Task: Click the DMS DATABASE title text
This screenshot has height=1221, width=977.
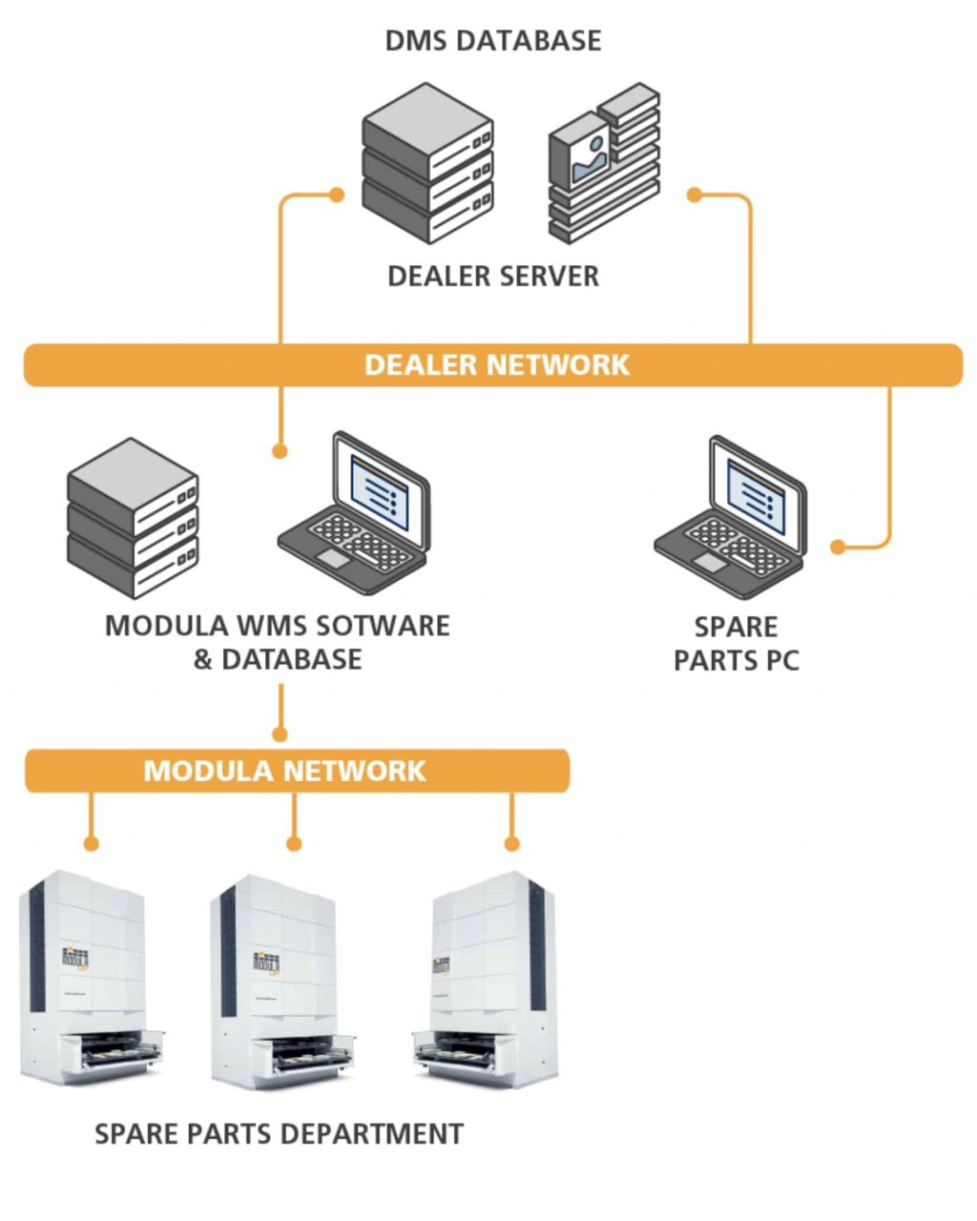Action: pyautogui.click(x=492, y=41)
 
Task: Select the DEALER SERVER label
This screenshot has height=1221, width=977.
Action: pyautogui.click(x=492, y=277)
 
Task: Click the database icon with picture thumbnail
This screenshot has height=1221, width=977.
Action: pyautogui.click(x=604, y=162)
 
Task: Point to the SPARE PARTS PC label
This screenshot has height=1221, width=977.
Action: pyautogui.click(x=736, y=643)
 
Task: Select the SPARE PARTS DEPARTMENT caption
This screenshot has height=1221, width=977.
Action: pyautogui.click(x=279, y=1134)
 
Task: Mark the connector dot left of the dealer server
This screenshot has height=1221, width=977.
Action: pyautogui.click(x=336, y=195)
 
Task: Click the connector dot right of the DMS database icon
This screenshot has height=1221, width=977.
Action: pyautogui.click(x=695, y=195)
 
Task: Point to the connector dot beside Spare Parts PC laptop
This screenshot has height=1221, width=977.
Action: pyautogui.click(x=838, y=548)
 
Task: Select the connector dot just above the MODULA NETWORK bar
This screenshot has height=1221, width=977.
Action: pyautogui.click(x=280, y=735)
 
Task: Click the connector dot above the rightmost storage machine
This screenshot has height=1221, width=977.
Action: pyautogui.click(x=511, y=844)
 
